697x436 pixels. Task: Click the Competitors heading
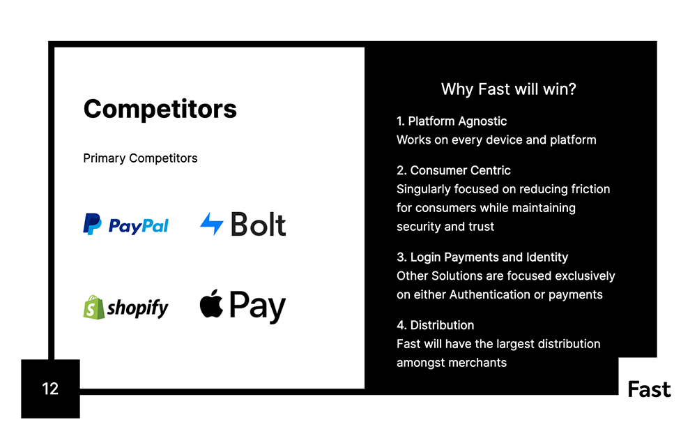(x=160, y=109)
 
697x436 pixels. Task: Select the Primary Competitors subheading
(x=140, y=158)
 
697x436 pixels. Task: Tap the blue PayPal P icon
(x=92, y=224)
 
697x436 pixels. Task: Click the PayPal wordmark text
(x=138, y=226)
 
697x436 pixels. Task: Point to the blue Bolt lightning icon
(x=212, y=224)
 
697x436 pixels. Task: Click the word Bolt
(x=258, y=224)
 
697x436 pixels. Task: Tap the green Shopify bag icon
(x=93, y=307)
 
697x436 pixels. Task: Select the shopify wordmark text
(x=138, y=308)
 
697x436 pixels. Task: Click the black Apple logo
(x=211, y=303)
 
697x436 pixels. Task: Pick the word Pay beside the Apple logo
(x=257, y=307)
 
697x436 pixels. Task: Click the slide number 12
(x=50, y=389)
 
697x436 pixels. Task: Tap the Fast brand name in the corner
(x=649, y=389)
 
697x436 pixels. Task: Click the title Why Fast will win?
(x=509, y=89)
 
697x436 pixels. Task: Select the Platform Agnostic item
(x=452, y=121)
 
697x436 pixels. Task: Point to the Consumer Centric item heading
(x=454, y=170)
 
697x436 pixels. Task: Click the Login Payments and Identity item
(x=482, y=257)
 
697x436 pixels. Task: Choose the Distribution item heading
(x=435, y=325)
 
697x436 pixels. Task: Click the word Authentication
(x=490, y=294)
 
